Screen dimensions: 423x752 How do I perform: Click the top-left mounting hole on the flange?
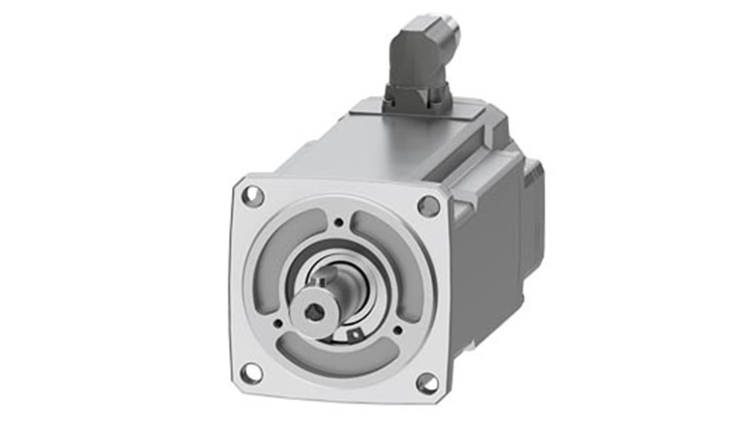[253, 197]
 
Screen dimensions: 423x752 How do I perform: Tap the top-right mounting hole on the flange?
[428, 206]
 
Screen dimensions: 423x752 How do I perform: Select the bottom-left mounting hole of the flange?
[251, 373]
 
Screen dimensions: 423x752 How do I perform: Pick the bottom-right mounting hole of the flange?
[427, 383]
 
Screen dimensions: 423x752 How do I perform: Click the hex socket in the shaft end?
[314, 313]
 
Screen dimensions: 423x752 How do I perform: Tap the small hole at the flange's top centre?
[339, 222]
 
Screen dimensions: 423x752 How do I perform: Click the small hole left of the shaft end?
[277, 322]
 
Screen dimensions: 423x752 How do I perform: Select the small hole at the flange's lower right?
[397, 330]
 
